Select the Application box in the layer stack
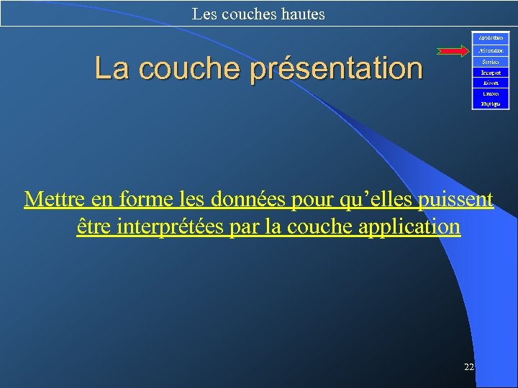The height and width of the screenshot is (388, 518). click(x=491, y=37)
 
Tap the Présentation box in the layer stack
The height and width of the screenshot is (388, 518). click(x=491, y=51)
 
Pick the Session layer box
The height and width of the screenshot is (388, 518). click(x=491, y=62)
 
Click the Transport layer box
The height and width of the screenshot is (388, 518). click(x=491, y=73)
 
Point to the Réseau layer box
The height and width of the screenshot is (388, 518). click(x=491, y=83)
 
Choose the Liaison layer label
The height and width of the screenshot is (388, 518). click(x=491, y=93)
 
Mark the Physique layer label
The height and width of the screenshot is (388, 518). click(x=491, y=104)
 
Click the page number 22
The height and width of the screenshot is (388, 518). click(x=469, y=367)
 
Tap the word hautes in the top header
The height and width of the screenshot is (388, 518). click(x=301, y=14)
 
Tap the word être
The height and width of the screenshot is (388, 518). click(x=94, y=227)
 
